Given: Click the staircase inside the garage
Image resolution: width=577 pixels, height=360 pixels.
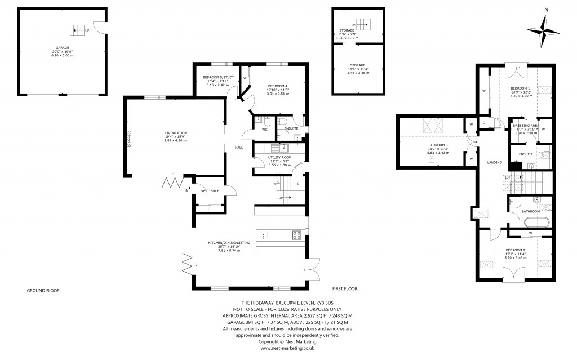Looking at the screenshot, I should (x=76, y=29).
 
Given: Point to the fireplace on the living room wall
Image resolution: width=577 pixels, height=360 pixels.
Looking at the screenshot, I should (x=130, y=139).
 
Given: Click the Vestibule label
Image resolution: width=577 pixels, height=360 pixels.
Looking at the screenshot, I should (x=210, y=191).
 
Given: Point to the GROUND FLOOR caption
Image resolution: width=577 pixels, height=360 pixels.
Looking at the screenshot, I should (x=43, y=290).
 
